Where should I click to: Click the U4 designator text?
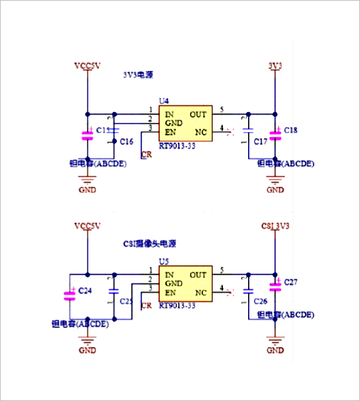[163, 101]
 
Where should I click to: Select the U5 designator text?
[163, 261]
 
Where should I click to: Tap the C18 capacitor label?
[291, 131]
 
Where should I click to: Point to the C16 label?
[126, 142]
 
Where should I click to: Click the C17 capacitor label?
[260, 142]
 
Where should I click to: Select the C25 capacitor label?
[126, 302]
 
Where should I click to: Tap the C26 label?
[260, 301]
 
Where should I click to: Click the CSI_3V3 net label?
[275, 226]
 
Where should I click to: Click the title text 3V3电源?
[138, 74]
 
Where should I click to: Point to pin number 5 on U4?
[222, 110]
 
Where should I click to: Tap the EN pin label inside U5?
[170, 293]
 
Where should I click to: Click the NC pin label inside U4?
[200, 132]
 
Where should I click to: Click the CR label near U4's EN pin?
[146, 155]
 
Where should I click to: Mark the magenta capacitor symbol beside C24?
[69, 295]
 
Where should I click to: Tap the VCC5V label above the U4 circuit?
[88, 66]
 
